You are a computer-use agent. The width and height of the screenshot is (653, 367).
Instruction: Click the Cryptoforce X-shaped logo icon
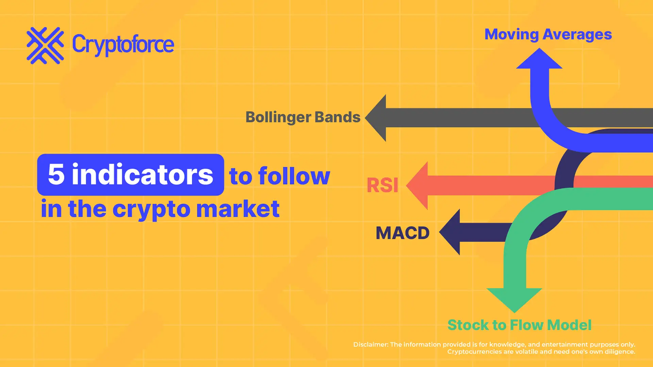click(45, 46)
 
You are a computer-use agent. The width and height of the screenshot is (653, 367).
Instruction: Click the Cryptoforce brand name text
click(123, 45)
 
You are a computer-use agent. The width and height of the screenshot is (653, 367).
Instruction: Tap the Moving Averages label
click(548, 34)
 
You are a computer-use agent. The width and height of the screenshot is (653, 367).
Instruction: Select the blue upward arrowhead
click(539, 60)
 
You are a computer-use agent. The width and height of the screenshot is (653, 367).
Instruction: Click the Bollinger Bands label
click(303, 117)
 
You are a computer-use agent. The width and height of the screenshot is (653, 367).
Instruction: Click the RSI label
click(382, 186)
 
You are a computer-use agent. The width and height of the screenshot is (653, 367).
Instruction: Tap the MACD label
click(402, 233)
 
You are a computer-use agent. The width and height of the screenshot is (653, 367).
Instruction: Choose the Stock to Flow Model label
click(519, 325)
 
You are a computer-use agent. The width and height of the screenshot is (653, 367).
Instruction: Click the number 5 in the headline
click(56, 174)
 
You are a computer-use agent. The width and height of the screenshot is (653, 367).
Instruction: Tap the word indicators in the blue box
click(143, 175)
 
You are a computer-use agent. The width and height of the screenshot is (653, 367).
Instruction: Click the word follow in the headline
click(294, 176)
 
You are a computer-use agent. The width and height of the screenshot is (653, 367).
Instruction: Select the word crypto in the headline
click(151, 209)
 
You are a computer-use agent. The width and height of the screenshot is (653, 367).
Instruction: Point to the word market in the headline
click(238, 209)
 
